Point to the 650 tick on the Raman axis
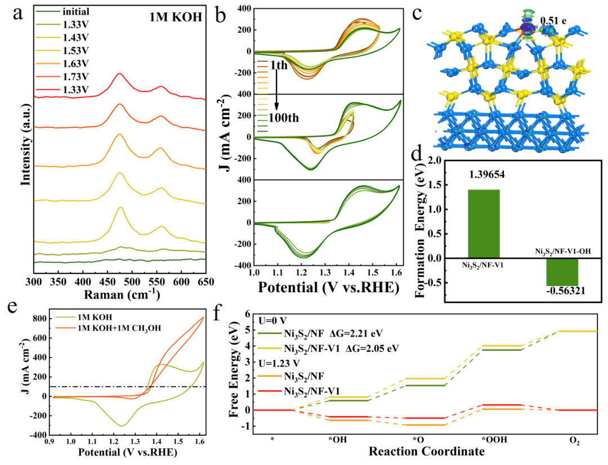(x=205, y=281)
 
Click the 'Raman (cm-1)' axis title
(x=120, y=294)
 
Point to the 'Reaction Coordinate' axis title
(x=426, y=451)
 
